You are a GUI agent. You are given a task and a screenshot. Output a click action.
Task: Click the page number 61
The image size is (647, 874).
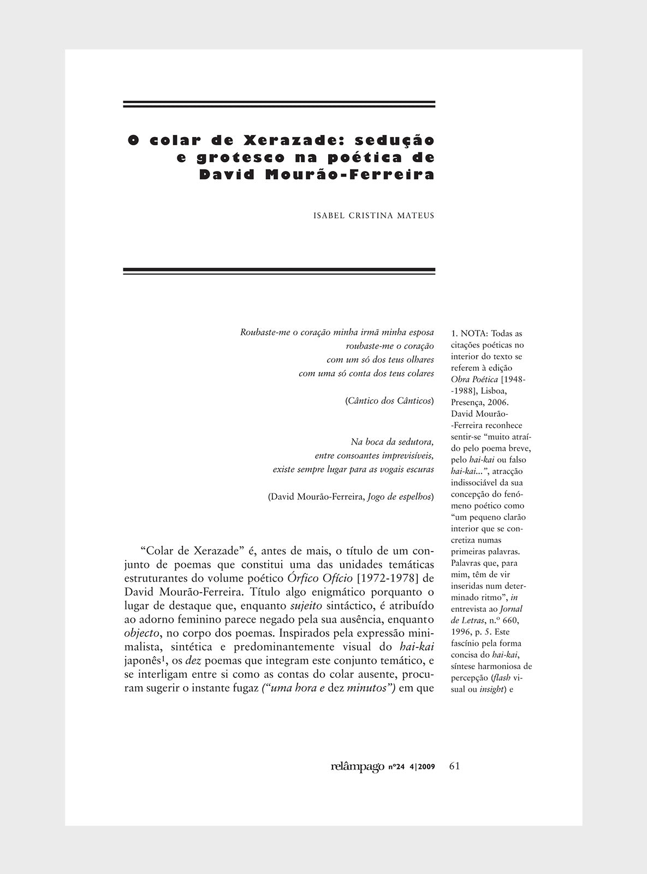click(454, 766)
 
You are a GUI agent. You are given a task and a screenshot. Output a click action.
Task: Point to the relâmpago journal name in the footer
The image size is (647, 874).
click(358, 766)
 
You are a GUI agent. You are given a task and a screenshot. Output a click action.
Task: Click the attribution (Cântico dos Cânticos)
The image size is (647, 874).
click(389, 401)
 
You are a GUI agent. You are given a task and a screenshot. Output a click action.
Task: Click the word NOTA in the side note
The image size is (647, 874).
click(474, 333)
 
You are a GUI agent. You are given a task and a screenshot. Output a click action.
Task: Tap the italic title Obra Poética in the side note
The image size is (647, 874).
click(474, 379)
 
